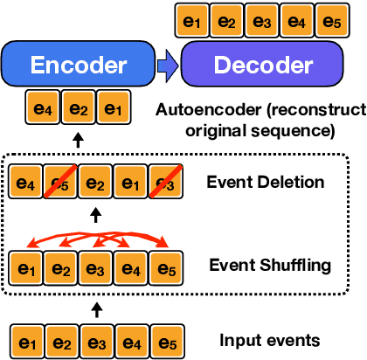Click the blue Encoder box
(79, 65)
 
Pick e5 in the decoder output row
(329, 19)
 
